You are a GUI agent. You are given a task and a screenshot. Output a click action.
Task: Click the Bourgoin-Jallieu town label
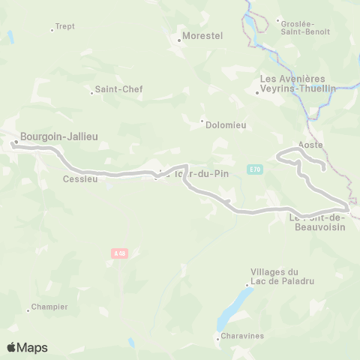click(x=59, y=136)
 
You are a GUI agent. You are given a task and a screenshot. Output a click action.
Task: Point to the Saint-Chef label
click(x=118, y=89)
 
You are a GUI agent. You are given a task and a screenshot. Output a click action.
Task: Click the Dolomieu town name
click(x=227, y=124)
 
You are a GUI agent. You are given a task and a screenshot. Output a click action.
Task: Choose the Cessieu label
click(x=80, y=178)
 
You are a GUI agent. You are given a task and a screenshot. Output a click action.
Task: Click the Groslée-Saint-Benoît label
click(x=305, y=26)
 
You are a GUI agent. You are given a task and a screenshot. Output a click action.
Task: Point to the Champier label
click(x=50, y=307)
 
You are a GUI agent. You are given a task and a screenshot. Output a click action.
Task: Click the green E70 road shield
click(x=256, y=169)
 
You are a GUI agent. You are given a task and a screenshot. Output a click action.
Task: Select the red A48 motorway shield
click(x=119, y=253)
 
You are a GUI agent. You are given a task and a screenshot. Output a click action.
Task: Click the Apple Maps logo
click(x=27, y=347)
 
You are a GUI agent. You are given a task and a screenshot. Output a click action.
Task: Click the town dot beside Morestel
click(x=178, y=40)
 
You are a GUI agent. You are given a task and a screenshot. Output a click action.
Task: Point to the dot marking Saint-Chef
click(x=91, y=93)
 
